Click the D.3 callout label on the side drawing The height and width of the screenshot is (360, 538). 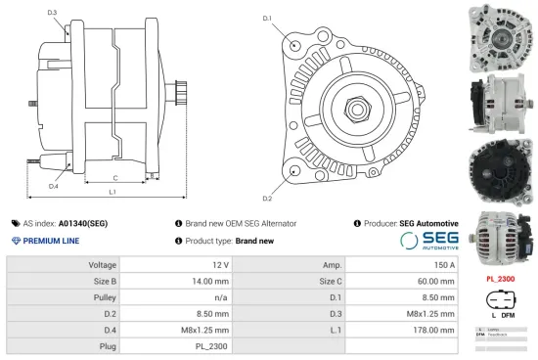point(52,13)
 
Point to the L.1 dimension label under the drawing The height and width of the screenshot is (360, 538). point(112,192)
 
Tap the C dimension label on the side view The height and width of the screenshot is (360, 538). point(115,177)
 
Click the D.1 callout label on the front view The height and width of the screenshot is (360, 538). point(267,19)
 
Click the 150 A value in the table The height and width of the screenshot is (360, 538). point(444,265)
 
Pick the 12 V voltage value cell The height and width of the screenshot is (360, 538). point(219,265)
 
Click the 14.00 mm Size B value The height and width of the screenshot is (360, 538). point(210,281)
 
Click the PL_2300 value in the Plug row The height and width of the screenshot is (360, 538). point(213,344)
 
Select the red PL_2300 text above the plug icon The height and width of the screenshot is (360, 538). point(501,279)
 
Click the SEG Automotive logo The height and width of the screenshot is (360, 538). point(428,241)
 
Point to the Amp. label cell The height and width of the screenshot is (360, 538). point(331,265)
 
